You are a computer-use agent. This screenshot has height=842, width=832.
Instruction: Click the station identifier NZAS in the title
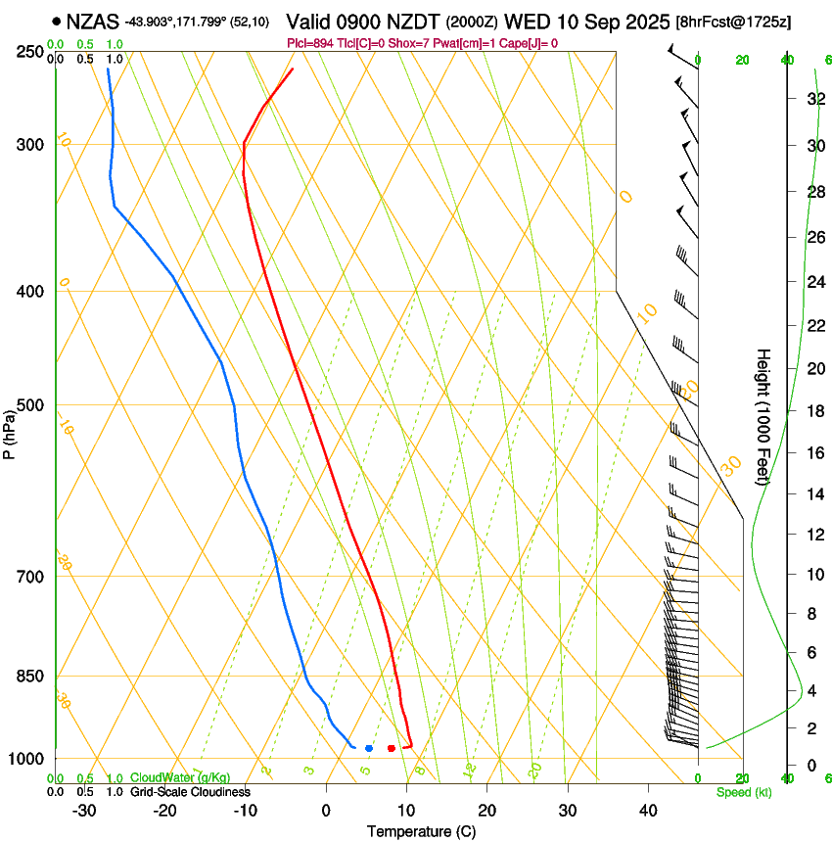click(93, 21)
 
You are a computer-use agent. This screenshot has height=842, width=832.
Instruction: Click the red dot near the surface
click(392, 748)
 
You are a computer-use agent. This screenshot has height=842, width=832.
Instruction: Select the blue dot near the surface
click(369, 748)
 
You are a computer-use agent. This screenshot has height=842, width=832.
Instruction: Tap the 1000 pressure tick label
click(29, 759)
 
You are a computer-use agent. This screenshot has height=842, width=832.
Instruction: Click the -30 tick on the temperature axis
click(84, 811)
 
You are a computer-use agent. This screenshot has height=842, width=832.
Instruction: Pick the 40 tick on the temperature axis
click(647, 811)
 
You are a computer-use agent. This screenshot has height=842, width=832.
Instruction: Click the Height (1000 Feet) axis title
click(763, 416)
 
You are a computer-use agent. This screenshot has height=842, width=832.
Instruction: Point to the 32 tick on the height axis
click(813, 99)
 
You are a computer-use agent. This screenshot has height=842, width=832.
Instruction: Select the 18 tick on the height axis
click(813, 411)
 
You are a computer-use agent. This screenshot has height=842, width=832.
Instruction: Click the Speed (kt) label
click(743, 792)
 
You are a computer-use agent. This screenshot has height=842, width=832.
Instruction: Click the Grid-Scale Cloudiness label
click(190, 791)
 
